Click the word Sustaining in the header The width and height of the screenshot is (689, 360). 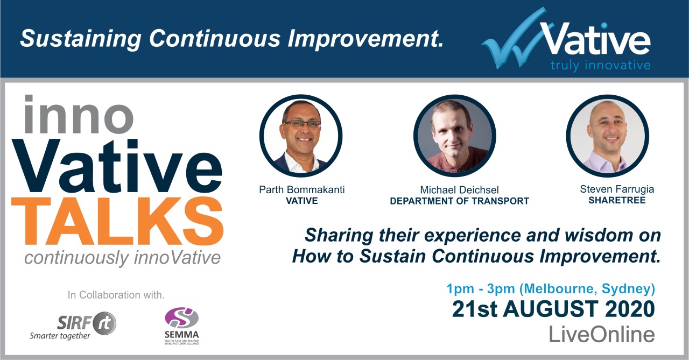[x=81, y=39]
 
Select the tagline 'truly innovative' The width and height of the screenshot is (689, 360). [x=600, y=66]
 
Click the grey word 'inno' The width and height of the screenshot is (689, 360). [x=79, y=115]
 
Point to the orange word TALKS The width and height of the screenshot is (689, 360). [x=117, y=221]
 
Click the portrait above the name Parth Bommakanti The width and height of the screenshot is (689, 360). [x=301, y=136]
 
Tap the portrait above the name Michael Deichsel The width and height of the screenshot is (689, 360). [x=454, y=136]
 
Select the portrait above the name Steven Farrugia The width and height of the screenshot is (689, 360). [x=608, y=136]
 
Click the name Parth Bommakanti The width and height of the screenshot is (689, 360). [x=302, y=189]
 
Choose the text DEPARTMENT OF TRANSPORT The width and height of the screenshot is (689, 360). [x=460, y=201]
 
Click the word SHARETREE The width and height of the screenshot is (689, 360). [x=617, y=200]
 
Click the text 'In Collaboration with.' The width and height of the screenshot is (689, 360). [x=116, y=295]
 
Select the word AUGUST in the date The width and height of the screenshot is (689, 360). [x=551, y=309]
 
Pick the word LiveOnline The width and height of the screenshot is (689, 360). [x=602, y=335]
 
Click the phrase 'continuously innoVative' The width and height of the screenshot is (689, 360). [x=122, y=258]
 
